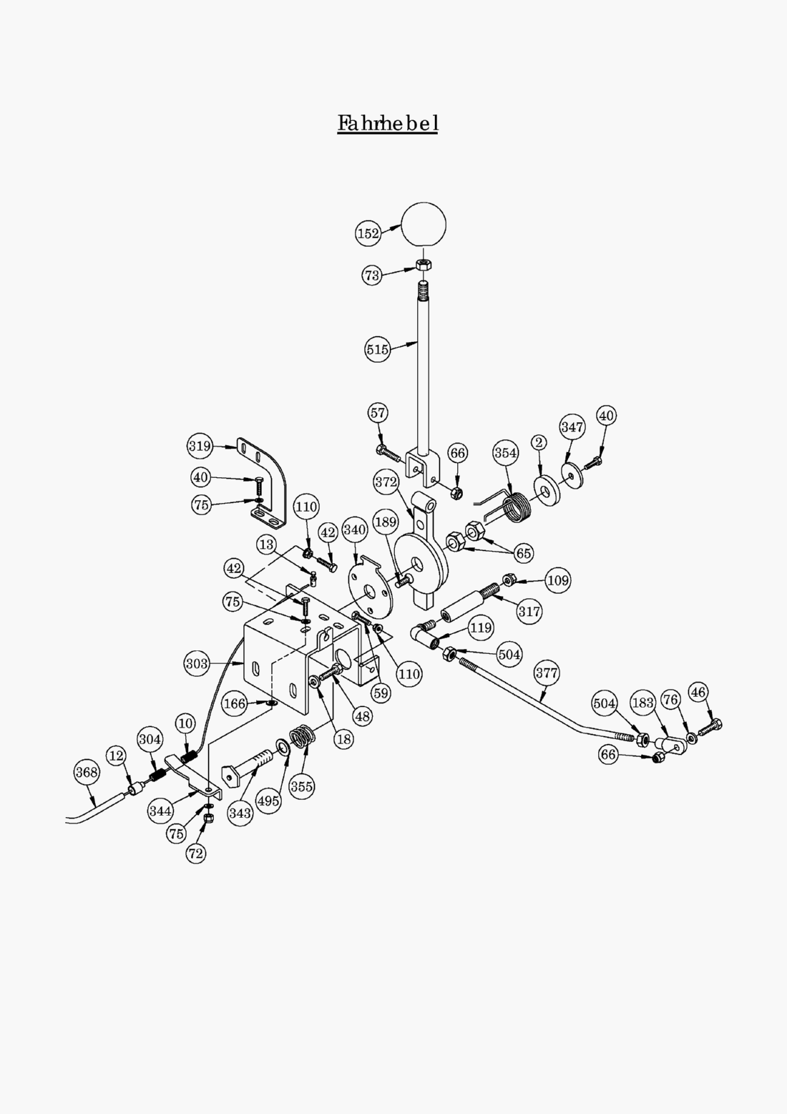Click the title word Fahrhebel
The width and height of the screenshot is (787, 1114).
pyautogui.click(x=387, y=123)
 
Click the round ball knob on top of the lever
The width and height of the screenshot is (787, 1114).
pyautogui.click(x=424, y=225)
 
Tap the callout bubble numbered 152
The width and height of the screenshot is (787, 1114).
pyautogui.click(x=368, y=233)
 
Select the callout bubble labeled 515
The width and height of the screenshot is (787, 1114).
pyautogui.click(x=377, y=349)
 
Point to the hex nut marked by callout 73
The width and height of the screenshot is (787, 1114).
pyautogui.click(x=423, y=265)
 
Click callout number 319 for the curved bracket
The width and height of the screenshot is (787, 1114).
pyautogui.click(x=200, y=446)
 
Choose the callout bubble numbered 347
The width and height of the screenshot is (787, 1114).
pyautogui.click(x=572, y=427)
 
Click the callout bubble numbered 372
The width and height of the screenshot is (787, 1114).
pyautogui.click(x=386, y=482)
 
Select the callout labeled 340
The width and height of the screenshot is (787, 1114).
pyautogui.click(x=355, y=530)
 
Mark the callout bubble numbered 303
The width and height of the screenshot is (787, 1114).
pyautogui.click(x=197, y=663)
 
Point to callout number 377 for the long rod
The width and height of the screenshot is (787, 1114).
pyautogui.click(x=547, y=673)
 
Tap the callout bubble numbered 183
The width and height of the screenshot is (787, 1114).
pyautogui.click(x=642, y=703)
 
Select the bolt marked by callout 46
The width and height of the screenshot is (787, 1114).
pyautogui.click(x=713, y=724)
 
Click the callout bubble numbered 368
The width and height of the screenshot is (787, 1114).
pyautogui.click(x=87, y=772)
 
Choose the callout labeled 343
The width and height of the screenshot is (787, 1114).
pyautogui.click(x=240, y=813)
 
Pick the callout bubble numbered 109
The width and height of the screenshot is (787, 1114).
pyautogui.click(x=558, y=580)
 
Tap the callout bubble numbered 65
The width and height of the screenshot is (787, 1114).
pyautogui.click(x=524, y=553)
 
